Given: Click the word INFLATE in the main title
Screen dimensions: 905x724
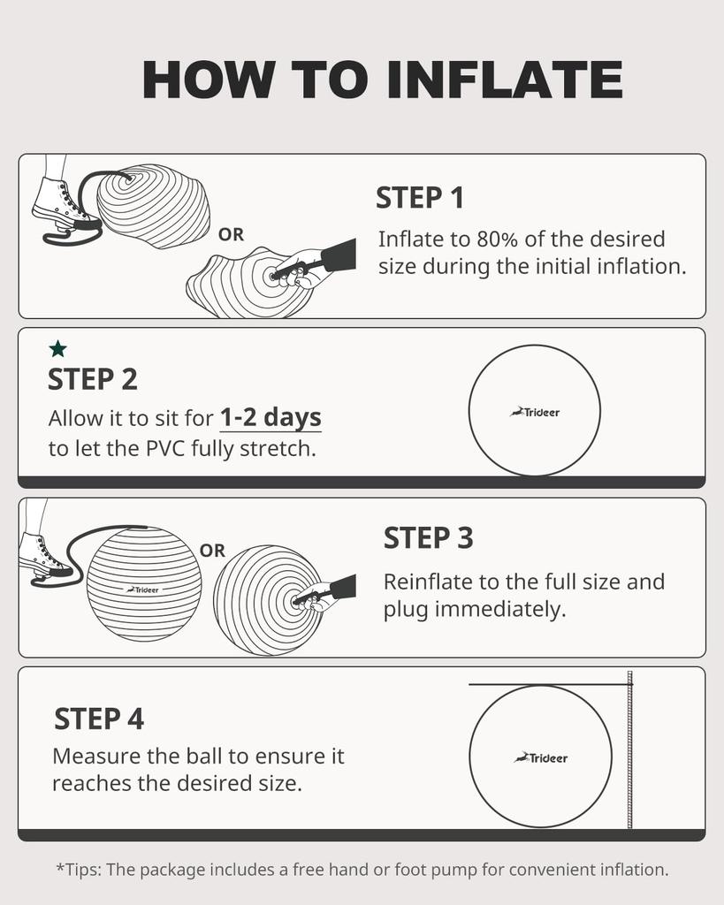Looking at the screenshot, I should point(505,80).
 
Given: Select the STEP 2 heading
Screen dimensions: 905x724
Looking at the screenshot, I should point(92,378).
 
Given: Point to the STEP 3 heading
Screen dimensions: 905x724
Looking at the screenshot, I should point(428,538).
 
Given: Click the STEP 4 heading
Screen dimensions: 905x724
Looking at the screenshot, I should point(99,719).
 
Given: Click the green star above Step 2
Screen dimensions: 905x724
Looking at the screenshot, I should point(58,349).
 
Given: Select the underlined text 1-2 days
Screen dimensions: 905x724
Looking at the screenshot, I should point(271,416).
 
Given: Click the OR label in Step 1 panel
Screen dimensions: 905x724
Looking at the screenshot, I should point(231,235).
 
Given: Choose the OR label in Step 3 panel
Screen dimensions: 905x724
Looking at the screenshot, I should point(212,551).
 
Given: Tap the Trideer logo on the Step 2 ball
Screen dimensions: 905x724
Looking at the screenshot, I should point(535,412).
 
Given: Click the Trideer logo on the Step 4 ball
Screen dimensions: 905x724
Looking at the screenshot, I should point(541,757).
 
